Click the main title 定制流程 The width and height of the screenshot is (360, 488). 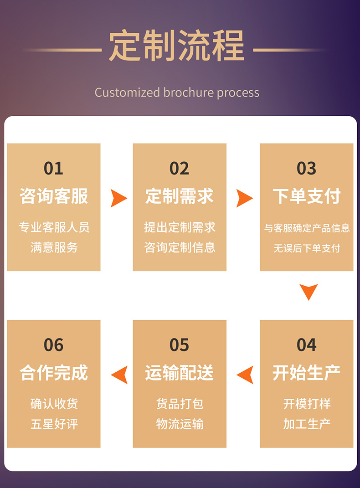(x=177, y=46)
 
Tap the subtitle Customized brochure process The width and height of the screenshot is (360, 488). (x=177, y=92)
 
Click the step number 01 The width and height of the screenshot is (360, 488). (x=53, y=169)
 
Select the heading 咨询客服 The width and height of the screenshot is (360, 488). (x=54, y=196)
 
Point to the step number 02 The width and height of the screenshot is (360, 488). (x=179, y=169)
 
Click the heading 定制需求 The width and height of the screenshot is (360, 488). (x=180, y=196)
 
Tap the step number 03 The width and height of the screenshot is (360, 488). (x=306, y=169)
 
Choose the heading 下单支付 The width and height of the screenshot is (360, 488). (x=307, y=196)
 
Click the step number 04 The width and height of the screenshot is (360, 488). (x=306, y=345)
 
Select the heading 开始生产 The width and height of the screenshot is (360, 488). (x=307, y=373)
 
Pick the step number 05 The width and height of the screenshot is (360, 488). (x=179, y=345)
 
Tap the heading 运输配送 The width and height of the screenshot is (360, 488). (x=180, y=373)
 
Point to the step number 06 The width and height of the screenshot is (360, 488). (x=53, y=345)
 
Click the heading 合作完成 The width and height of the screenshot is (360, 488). (x=54, y=373)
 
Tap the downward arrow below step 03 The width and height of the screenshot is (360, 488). (x=309, y=292)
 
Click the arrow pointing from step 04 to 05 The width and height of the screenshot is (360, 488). (x=246, y=375)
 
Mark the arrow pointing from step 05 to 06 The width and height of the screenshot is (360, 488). (x=120, y=375)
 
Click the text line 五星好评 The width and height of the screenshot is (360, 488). (x=54, y=424)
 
